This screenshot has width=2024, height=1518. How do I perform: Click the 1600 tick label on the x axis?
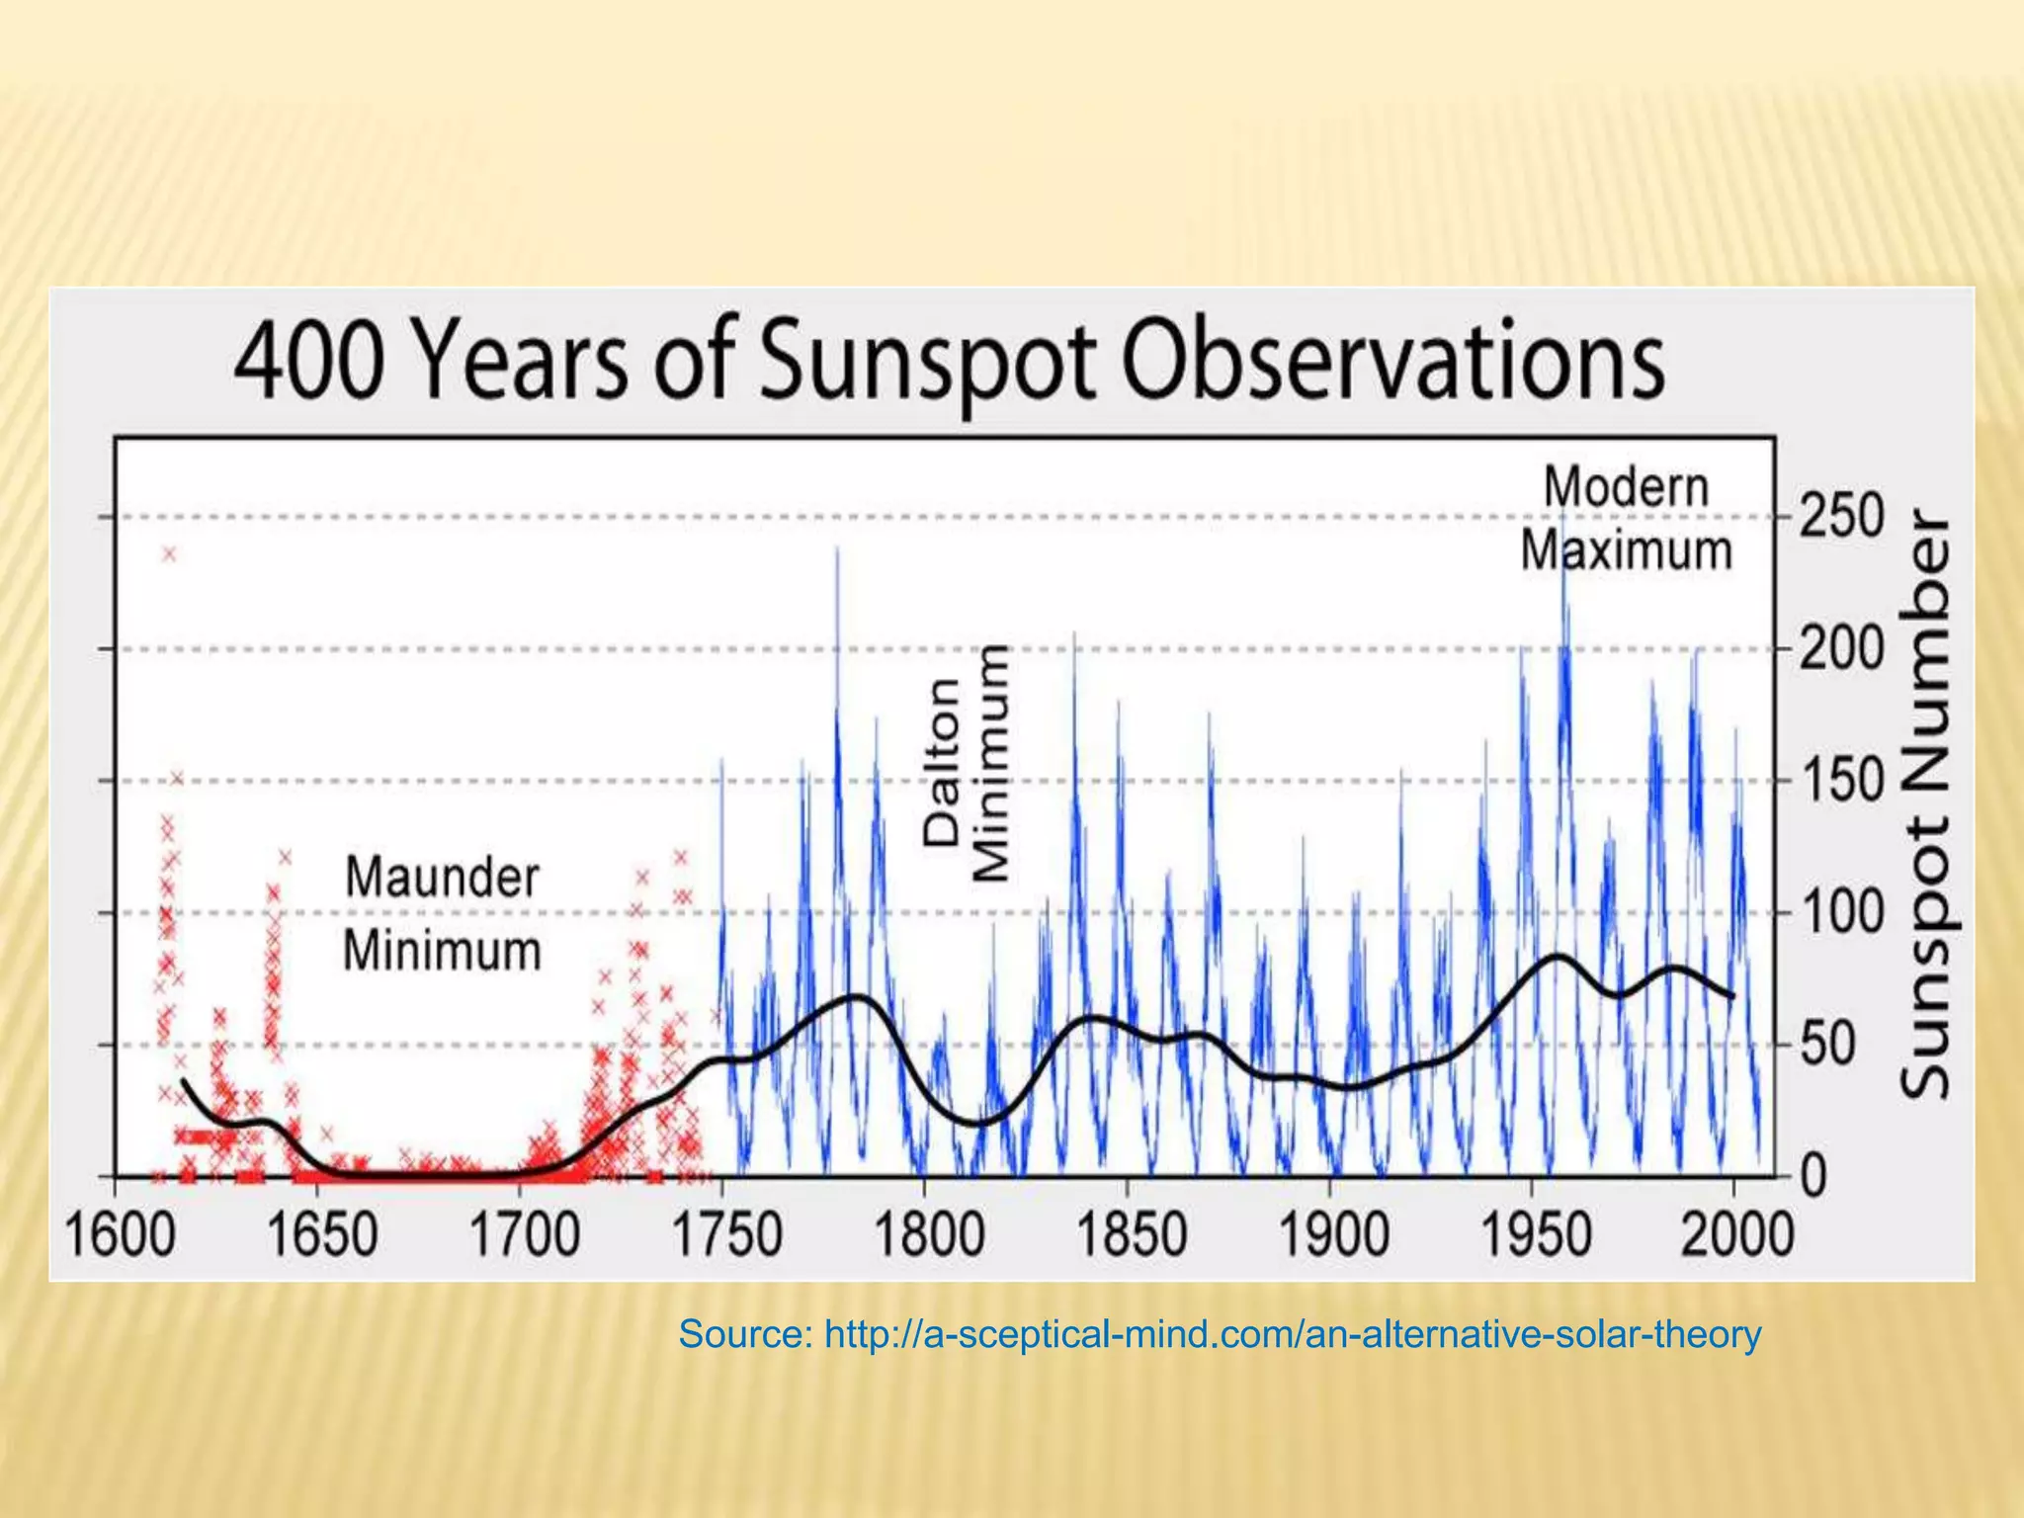tap(121, 1235)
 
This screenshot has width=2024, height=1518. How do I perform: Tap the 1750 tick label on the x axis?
tap(727, 1235)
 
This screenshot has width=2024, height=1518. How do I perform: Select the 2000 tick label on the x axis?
tap(1737, 1235)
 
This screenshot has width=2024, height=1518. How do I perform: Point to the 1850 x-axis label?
tap(1131, 1235)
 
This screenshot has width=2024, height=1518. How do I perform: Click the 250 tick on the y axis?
tap(1841, 517)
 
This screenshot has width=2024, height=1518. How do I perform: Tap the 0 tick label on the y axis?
tap(1814, 1177)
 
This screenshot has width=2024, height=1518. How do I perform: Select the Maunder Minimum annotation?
tap(442, 914)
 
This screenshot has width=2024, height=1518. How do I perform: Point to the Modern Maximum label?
tap(1626, 519)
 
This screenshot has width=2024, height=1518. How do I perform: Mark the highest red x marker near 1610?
tap(170, 554)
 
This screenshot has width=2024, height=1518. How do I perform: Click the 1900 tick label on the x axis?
tap(1333, 1235)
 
